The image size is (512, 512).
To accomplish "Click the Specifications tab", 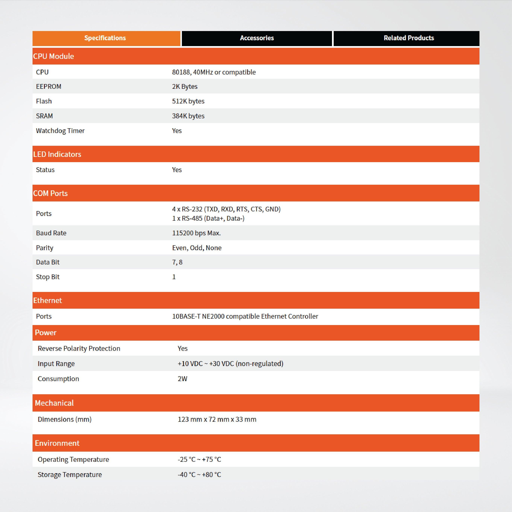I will click(105, 38).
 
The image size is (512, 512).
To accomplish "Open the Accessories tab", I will click(257, 38).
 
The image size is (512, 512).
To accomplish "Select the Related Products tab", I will click(409, 38).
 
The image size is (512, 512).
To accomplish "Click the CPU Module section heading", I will click(54, 56).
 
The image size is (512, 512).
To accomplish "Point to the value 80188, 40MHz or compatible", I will click(214, 72).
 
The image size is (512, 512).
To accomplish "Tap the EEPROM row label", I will click(49, 86).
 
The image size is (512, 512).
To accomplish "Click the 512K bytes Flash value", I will click(188, 101).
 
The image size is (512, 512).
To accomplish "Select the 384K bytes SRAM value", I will click(188, 116).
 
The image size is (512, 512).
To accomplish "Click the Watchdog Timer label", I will click(60, 131).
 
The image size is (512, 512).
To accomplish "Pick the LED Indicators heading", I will click(57, 154).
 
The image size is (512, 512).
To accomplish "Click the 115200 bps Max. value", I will click(196, 233).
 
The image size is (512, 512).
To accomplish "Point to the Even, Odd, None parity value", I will click(197, 248).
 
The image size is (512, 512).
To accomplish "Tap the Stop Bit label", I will click(48, 277).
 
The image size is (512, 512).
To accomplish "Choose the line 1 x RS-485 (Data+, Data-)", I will click(208, 218).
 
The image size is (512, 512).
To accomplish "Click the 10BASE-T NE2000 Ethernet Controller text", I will click(245, 316).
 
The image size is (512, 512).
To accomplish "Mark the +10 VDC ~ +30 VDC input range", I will click(230, 364).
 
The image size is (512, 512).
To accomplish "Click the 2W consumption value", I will click(182, 379).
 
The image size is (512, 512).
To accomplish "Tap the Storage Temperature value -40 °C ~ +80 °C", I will click(199, 474).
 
